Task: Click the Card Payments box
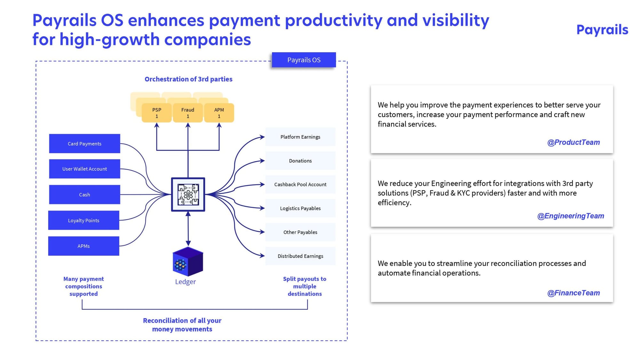(x=84, y=143)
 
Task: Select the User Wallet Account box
(x=84, y=169)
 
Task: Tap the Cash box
(x=84, y=195)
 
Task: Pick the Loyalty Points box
(x=84, y=220)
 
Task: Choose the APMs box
(x=84, y=246)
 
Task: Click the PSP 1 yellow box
(x=156, y=113)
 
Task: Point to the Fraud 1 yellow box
(x=188, y=113)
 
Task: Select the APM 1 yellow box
(x=219, y=113)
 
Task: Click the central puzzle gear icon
(x=188, y=195)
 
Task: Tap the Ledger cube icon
(x=188, y=261)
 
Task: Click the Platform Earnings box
(x=300, y=137)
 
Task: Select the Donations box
(x=300, y=161)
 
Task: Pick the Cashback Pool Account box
(x=300, y=184)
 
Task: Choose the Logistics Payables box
(x=300, y=208)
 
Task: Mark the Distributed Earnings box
(x=300, y=256)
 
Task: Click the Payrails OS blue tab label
(x=304, y=60)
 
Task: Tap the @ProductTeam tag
(x=573, y=142)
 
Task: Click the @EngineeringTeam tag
(x=571, y=216)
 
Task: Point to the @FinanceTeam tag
(x=573, y=293)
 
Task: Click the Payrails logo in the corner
(x=602, y=30)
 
